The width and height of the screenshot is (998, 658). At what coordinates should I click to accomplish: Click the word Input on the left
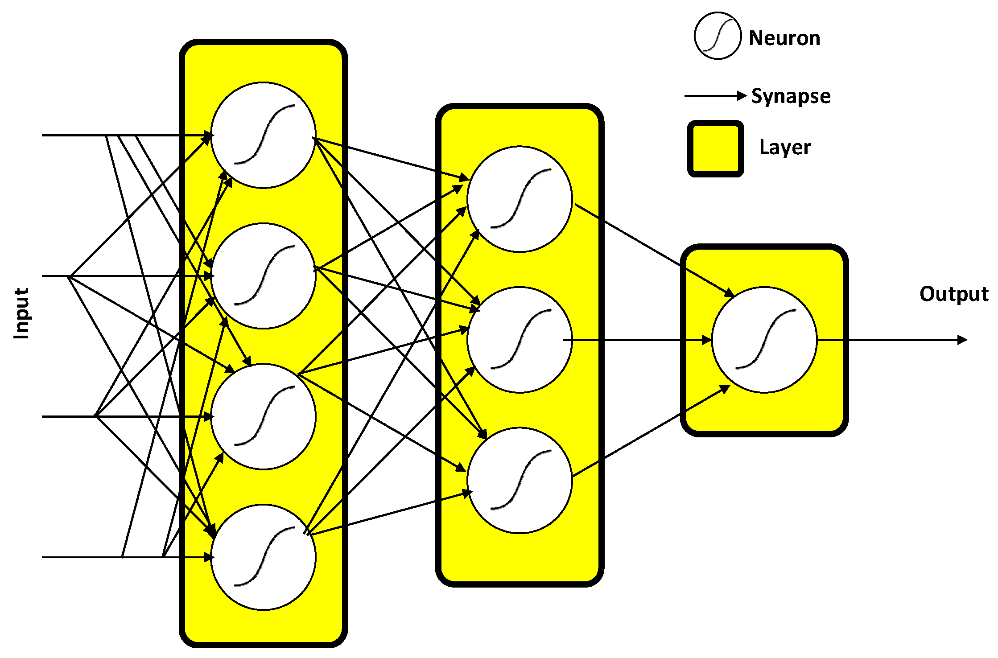(x=21, y=313)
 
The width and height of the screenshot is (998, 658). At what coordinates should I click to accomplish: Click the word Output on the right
(x=953, y=294)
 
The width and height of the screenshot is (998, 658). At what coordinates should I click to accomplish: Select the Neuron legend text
(x=784, y=38)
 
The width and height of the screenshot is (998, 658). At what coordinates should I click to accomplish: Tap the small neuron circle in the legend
(x=718, y=36)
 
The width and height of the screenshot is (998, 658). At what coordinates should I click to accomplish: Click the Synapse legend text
(x=790, y=96)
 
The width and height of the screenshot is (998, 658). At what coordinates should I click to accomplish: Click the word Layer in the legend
(x=785, y=148)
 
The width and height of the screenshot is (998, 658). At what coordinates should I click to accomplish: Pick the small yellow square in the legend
(x=715, y=148)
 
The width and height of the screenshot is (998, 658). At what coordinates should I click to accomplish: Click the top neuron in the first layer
(x=263, y=135)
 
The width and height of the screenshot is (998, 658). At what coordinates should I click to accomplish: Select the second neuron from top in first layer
(x=263, y=276)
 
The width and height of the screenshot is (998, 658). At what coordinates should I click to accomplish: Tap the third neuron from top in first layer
(x=263, y=416)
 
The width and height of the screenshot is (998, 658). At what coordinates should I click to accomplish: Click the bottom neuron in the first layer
(x=263, y=557)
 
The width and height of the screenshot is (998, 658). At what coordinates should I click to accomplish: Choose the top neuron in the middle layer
(x=520, y=199)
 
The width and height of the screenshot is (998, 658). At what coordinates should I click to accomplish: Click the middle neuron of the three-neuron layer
(x=520, y=340)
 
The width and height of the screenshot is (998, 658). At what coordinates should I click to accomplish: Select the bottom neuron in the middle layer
(x=520, y=480)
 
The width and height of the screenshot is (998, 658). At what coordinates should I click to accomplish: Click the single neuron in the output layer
(x=764, y=340)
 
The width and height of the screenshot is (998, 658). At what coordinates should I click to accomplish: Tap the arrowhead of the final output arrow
(x=962, y=340)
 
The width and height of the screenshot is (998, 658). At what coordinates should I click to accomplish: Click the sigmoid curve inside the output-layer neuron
(x=765, y=339)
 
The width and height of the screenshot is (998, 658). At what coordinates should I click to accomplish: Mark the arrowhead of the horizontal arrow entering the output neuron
(x=707, y=340)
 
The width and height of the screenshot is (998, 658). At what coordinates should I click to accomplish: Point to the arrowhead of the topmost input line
(x=207, y=135)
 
